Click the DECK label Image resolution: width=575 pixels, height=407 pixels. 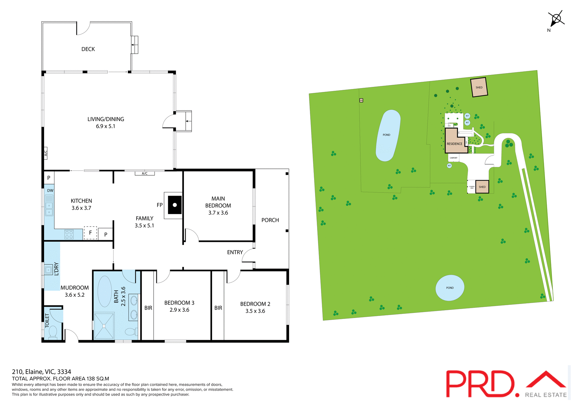[x=88, y=49]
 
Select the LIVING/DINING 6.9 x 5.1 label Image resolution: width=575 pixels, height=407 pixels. [x=105, y=123]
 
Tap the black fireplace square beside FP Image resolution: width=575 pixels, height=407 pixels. [x=175, y=205]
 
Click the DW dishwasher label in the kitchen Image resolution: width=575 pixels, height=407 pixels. [x=50, y=191]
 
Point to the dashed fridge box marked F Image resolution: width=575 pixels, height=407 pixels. [x=90, y=233]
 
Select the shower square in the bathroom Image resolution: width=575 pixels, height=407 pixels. [x=104, y=326]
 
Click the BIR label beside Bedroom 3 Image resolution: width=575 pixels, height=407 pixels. [x=148, y=308]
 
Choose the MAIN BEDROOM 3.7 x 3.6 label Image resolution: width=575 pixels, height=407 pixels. [x=218, y=206]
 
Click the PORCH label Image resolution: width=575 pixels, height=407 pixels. [x=270, y=220]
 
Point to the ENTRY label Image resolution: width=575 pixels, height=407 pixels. [x=235, y=252]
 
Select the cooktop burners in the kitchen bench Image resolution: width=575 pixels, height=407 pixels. [x=69, y=235]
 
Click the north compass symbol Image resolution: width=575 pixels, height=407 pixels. [x=556, y=19]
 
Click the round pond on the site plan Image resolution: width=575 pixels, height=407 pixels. [x=450, y=288]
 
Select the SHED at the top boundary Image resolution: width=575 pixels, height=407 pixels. [x=479, y=87]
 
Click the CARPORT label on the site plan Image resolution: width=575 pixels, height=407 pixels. [x=453, y=158]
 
